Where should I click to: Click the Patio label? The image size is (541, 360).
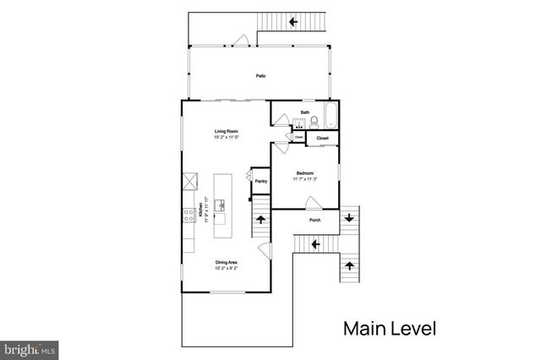click(x=261, y=77)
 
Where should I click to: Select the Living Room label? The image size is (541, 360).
click(x=224, y=131)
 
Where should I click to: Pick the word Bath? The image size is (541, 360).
click(x=304, y=112)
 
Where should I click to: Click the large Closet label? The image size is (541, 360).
click(x=323, y=137)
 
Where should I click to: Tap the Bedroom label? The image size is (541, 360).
click(x=304, y=172)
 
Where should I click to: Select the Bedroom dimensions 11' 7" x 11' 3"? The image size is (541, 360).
click(x=304, y=178)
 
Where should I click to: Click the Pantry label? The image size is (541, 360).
click(x=261, y=181)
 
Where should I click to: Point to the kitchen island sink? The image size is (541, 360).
click(x=222, y=205)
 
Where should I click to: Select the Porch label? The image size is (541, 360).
click(x=314, y=221)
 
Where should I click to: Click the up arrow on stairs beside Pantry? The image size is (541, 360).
click(x=260, y=219)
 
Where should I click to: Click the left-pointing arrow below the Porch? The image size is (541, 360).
click(x=314, y=244)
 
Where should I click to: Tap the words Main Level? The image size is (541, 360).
click(x=389, y=326)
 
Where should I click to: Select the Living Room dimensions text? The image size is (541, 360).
click(x=224, y=137)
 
